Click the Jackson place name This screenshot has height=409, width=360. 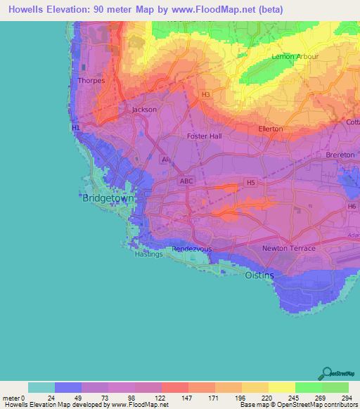(145, 110)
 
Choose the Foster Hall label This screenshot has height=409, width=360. (205, 136)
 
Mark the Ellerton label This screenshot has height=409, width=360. (270, 129)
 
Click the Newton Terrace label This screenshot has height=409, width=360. (288, 249)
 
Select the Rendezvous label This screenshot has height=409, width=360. (192, 249)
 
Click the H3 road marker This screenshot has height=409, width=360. (205, 94)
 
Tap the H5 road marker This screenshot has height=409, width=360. (250, 182)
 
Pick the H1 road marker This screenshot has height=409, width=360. (76, 128)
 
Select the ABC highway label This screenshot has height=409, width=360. (186, 181)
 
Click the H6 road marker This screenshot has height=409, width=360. (352, 207)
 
